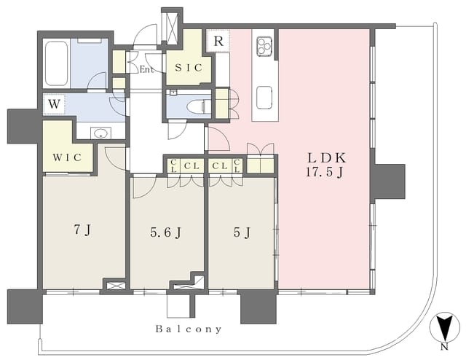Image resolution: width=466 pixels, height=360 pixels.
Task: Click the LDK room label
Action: (327, 158)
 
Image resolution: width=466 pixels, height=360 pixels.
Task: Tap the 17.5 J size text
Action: (325, 173)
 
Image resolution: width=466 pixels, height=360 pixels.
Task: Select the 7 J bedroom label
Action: (82, 230)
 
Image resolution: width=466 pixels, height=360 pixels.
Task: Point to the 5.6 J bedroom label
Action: (166, 232)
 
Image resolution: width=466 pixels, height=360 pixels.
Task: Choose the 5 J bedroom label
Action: (242, 232)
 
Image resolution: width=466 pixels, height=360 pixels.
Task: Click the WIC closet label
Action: (67, 157)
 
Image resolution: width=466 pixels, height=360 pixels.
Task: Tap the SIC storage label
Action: (189, 68)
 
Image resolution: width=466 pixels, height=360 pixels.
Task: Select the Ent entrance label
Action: (147, 70)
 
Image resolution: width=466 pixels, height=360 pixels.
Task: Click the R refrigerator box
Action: (218, 41)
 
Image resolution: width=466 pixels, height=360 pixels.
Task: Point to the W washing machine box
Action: (54, 104)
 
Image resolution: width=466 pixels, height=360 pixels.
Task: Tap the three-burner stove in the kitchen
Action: (264, 46)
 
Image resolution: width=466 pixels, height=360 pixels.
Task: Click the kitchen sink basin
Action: (264, 98)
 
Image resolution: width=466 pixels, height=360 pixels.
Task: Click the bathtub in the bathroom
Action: (57, 63)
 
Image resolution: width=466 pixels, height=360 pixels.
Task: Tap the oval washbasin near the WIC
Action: (101, 133)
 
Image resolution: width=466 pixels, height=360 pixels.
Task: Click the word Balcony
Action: (189, 329)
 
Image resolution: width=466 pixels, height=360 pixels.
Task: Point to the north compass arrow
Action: (445, 327)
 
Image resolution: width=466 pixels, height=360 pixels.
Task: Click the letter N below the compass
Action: (445, 347)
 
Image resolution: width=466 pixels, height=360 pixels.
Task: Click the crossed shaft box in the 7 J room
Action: (114, 285)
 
